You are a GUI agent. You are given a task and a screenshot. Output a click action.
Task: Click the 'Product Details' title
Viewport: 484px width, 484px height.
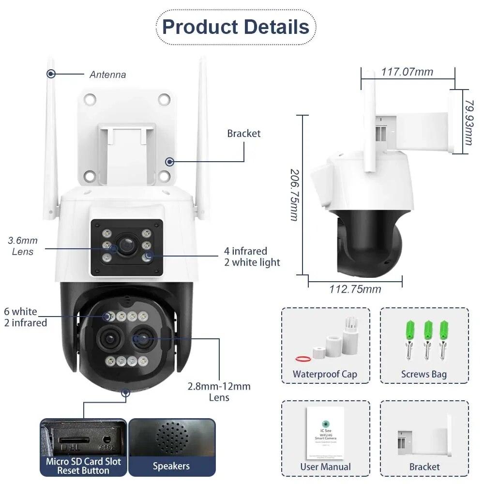(x=236, y=27)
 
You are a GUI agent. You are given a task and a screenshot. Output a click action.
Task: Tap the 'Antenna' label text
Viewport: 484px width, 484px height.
(x=107, y=75)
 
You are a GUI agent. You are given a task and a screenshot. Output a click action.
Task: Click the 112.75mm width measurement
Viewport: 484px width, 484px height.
(x=355, y=289)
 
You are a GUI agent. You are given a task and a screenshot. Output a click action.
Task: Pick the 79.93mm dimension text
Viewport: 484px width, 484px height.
(x=469, y=123)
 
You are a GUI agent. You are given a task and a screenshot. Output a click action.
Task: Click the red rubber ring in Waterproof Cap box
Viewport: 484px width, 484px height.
(x=302, y=359)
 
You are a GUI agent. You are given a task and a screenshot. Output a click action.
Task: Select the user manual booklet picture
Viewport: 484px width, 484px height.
(x=325, y=432)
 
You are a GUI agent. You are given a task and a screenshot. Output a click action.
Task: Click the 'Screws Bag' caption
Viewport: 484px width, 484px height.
(x=423, y=374)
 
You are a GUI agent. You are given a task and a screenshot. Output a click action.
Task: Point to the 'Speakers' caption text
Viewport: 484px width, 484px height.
(x=171, y=466)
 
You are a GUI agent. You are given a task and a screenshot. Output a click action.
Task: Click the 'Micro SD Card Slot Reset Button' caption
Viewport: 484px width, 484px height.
(x=83, y=466)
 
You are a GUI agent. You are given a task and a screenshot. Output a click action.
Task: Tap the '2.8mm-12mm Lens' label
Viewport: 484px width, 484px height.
(x=219, y=392)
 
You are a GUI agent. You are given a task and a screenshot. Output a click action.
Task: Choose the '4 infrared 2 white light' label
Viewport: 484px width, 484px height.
(x=252, y=257)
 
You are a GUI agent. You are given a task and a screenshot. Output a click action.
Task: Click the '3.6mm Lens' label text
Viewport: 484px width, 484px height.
(x=22, y=246)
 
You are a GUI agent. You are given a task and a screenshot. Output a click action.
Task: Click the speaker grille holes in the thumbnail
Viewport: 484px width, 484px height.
(x=172, y=438)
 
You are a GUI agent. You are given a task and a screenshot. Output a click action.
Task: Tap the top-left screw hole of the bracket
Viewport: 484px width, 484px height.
(x=90, y=99)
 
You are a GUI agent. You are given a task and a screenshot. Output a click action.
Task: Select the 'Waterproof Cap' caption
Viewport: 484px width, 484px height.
(x=325, y=374)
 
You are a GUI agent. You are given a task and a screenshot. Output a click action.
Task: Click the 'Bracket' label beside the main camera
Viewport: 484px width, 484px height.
(x=243, y=134)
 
